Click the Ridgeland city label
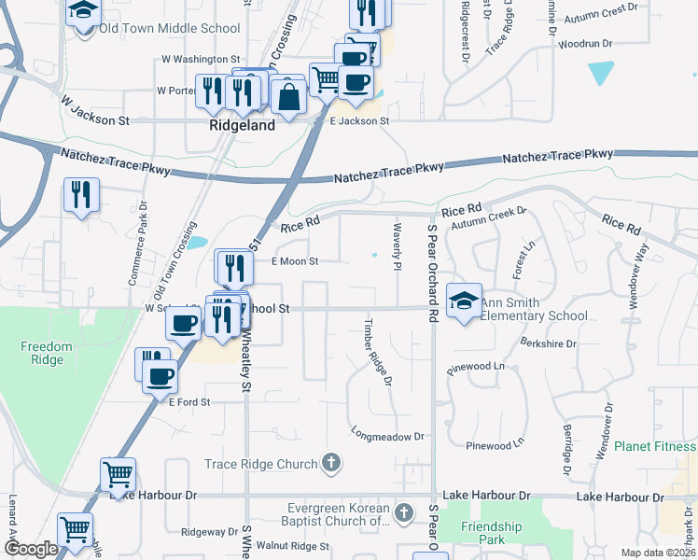[x=242, y=125]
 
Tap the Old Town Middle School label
[x=170, y=28]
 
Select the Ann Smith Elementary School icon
[x=464, y=301]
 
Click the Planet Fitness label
[x=655, y=446]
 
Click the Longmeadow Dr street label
[x=387, y=435]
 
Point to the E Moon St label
[x=295, y=262]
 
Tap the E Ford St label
[x=190, y=401]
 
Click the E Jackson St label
[x=359, y=120]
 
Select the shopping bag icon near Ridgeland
[x=290, y=95]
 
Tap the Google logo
[x=31, y=549]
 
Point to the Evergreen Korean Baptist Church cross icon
[x=404, y=511]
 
